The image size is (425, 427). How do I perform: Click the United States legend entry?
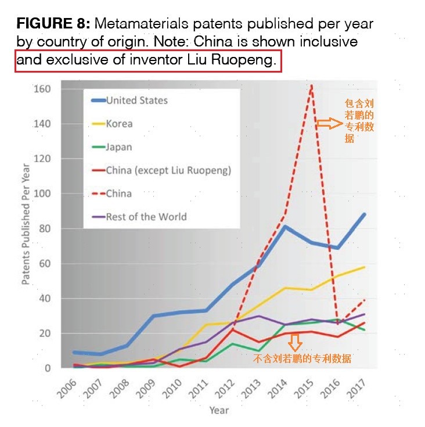coord(137,101)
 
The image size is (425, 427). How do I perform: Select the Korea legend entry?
coord(119,124)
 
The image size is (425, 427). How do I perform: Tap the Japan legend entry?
coord(118,147)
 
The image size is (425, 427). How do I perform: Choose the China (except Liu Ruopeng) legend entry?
coord(168,170)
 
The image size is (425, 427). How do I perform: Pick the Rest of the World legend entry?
coord(146,217)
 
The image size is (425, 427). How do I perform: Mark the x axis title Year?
coord(219,411)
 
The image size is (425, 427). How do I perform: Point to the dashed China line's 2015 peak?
coord(312,86)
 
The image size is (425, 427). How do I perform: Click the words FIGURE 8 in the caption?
coord(52,24)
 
